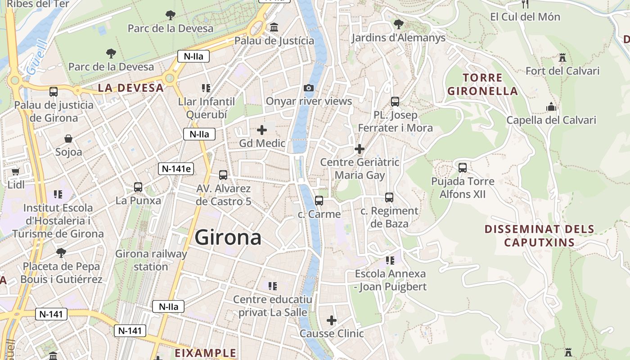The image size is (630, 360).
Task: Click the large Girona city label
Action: point(228,237)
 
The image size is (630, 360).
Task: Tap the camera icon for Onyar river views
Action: point(309,88)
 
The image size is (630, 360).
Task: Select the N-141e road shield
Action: point(176,169)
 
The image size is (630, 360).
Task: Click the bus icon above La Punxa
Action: point(138,187)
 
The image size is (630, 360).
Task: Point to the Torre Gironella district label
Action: point(482,84)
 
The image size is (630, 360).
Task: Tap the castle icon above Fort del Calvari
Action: point(562,58)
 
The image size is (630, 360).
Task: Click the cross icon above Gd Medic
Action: point(262,130)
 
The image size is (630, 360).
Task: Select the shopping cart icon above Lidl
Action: point(16,171)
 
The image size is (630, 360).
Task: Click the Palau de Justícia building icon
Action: point(274,28)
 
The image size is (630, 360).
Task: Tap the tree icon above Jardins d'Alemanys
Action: point(398,24)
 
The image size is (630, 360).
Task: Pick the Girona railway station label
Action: point(151,260)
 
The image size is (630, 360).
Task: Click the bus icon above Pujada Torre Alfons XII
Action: point(463,168)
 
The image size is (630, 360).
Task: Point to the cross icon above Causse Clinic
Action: point(332,320)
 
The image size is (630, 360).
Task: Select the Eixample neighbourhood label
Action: point(205,352)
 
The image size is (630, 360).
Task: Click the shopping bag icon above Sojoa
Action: point(68,138)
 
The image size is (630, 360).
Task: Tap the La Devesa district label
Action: point(130,88)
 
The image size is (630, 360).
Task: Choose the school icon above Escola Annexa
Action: point(390,260)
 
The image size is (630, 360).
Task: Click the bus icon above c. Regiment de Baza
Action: point(389,198)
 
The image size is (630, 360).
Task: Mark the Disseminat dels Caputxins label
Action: point(539,236)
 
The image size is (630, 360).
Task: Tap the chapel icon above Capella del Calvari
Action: point(551,107)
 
